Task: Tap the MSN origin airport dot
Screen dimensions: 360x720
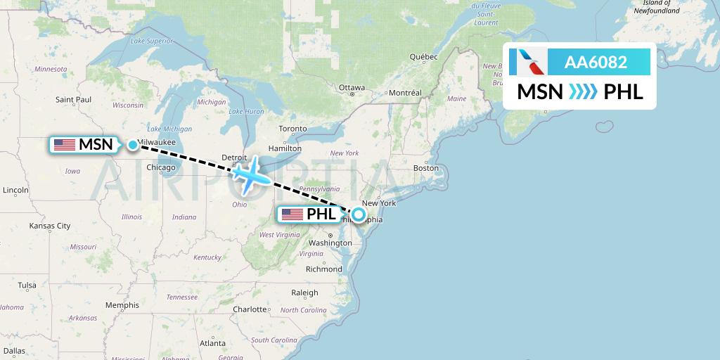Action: pos(133,145)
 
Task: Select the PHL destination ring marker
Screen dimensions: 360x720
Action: pos(359,214)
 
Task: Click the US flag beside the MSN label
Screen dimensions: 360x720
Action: pos(65,145)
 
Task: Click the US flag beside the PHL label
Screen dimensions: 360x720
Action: pos(292,214)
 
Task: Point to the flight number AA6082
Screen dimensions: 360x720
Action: pos(596,62)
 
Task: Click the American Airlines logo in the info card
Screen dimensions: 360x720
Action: pos(527,62)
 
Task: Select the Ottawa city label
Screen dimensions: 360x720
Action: pos(352,88)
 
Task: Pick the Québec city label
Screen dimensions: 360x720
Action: pos(424,56)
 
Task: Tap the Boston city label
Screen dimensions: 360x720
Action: pos(426,168)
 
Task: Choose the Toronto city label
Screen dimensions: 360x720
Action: pos(292,129)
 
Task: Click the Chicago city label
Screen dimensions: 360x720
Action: pos(161,167)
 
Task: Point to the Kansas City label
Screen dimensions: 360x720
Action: pos(49,226)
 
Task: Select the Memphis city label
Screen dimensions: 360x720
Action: pos(122,305)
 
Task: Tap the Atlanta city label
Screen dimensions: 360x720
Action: pos(213,343)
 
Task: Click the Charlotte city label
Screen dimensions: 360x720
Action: pos(251,309)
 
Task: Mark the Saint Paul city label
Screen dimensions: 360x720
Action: pos(74,100)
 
